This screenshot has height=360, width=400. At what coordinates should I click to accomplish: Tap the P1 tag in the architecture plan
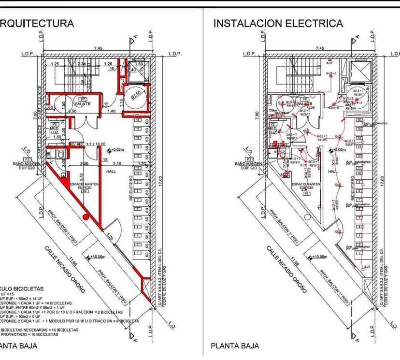pyautogui.click(x=83, y=99)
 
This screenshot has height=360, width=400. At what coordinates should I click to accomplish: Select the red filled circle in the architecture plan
pyautogui.click(x=86, y=216)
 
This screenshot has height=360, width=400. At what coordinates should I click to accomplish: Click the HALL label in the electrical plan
pyautogui.click(x=332, y=171)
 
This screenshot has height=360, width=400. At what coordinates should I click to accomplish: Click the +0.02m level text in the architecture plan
pyautogui.click(x=117, y=150)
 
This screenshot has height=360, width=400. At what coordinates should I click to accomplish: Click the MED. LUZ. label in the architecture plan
pyautogui.click(x=55, y=130)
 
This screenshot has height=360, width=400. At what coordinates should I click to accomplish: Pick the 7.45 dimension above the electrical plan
pyautogui.click(x=319, y=48)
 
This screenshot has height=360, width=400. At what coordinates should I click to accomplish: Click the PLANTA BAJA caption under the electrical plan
pyautogui.click(x=235, y=346)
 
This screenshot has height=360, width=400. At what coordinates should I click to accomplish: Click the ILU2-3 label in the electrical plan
pyautogui.click(x=331, y=73)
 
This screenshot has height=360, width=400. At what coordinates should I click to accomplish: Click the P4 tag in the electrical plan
pyautogui.click(x=305, y=193)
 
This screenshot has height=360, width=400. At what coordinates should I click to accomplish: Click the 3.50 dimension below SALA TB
pyautogui.click(x=73, y=111)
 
